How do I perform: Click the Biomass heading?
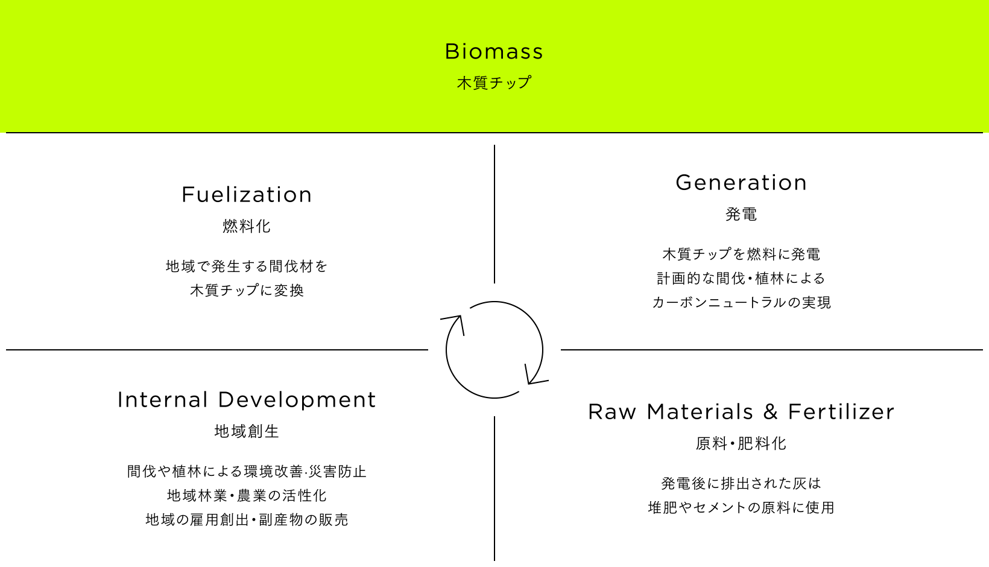pyautogui.click(x=494, y=51)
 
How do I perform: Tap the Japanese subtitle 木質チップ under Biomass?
pyautogui.click(x=494, y=83)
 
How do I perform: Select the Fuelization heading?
pyautogui.click(x=247, y=195)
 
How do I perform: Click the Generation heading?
pyautogui.click(x=741, y=183)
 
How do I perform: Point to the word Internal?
pyautogui.click(x=162, y=400)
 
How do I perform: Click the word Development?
pyautogui.click(x=297, y=400)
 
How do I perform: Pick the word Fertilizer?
pyautogui.click(x=841, y=411)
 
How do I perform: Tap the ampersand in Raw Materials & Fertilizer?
pyautogui.click(x=770, y=411)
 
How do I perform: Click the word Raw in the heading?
pyautogui.click(x=612, y=411)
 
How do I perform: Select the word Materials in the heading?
pyautogui.click(x=700, y=411)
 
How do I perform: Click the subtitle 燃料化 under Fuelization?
pyautogui.click(x=247, y=226)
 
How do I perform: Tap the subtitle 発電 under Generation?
pyautogui.click(x=741, y=214)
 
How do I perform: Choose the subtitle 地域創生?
pyautogui.click(x=247, y=431)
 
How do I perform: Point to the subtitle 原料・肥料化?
pyautogui.click(x=741, y=443)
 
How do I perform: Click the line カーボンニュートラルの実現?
pyautogui.click(x=741, y=302)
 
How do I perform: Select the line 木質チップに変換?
pyautogui.click(x=247, y=290)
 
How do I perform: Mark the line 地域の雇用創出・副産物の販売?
pyautogui.click(x=247, y=520)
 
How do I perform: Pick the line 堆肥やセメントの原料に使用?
pyautogui.click(x=741, y=507)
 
